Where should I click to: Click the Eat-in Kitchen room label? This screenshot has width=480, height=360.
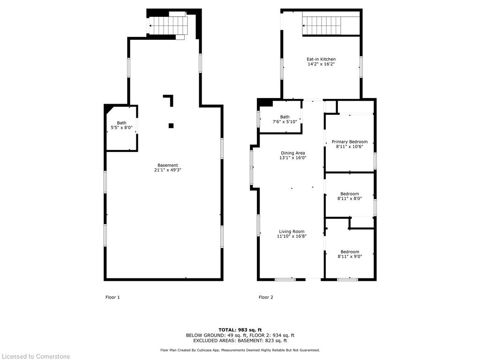coord(321,61)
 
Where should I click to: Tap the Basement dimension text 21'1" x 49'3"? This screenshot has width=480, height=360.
coord(168,170)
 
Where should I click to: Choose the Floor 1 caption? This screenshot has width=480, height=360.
coord(112,297)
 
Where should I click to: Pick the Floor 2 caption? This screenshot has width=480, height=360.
coord(266,297)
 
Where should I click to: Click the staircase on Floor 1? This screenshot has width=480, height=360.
coord(168,25)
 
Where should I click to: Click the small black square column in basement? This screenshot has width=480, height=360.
coord(171,126)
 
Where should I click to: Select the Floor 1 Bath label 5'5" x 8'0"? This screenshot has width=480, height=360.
coord(121,125)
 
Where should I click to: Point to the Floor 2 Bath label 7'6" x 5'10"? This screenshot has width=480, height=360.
coord(285,119)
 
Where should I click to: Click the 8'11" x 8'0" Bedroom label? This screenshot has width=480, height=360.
coord(350,196)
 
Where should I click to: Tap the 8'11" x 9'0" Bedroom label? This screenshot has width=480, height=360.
coord(350,254)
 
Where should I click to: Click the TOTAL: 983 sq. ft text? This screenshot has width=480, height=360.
coord(240,330)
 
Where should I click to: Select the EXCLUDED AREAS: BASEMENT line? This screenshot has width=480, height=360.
coord(240,340)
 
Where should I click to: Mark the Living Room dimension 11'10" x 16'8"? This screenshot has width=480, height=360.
coord(292,236)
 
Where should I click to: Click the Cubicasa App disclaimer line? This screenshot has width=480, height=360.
coord(240,350)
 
